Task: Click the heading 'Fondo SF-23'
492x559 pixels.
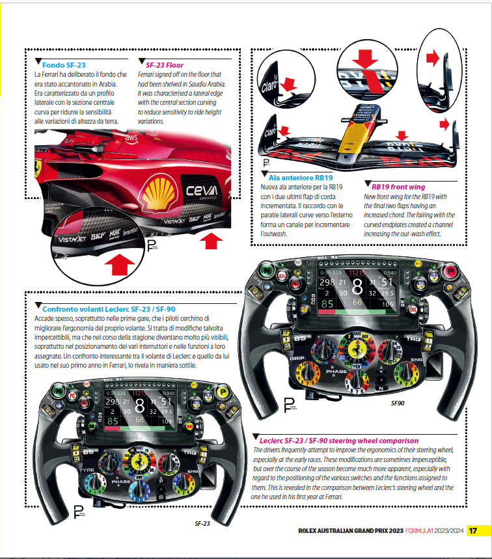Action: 64,65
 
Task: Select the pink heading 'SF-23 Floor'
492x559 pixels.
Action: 165,65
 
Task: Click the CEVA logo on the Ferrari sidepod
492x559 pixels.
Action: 202,191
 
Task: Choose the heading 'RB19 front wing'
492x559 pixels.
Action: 398,187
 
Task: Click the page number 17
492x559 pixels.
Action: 474,530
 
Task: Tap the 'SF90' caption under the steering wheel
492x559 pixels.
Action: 398,403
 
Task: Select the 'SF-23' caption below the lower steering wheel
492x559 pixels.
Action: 202,523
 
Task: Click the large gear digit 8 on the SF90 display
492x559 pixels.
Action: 357,287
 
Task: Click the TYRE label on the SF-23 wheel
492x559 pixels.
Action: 85,468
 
